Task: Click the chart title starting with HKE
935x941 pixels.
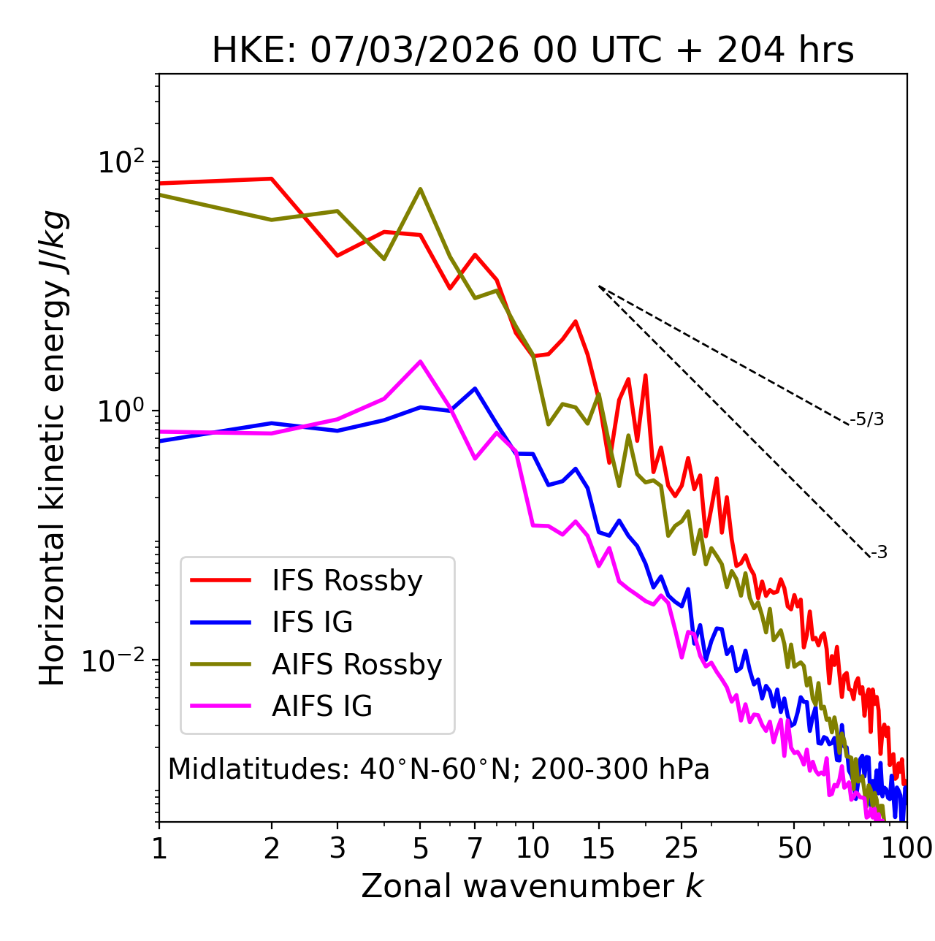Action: [533, 51]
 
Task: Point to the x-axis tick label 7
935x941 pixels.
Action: [475, 848]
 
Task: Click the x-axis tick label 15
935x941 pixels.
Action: [598, 848]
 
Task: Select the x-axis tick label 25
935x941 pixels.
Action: [681, 848]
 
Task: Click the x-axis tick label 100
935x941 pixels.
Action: [906, 848]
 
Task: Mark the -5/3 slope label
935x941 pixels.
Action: [867, 419]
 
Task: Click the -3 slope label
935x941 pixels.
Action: [879, 553]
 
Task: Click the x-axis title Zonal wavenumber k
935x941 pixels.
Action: [533, 886]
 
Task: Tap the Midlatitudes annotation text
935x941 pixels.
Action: [438, 769]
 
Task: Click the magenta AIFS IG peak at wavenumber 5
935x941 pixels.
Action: [420, 361]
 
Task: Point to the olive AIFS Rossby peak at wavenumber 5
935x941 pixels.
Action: [420, 189]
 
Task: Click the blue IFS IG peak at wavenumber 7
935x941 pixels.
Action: [475, 389]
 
